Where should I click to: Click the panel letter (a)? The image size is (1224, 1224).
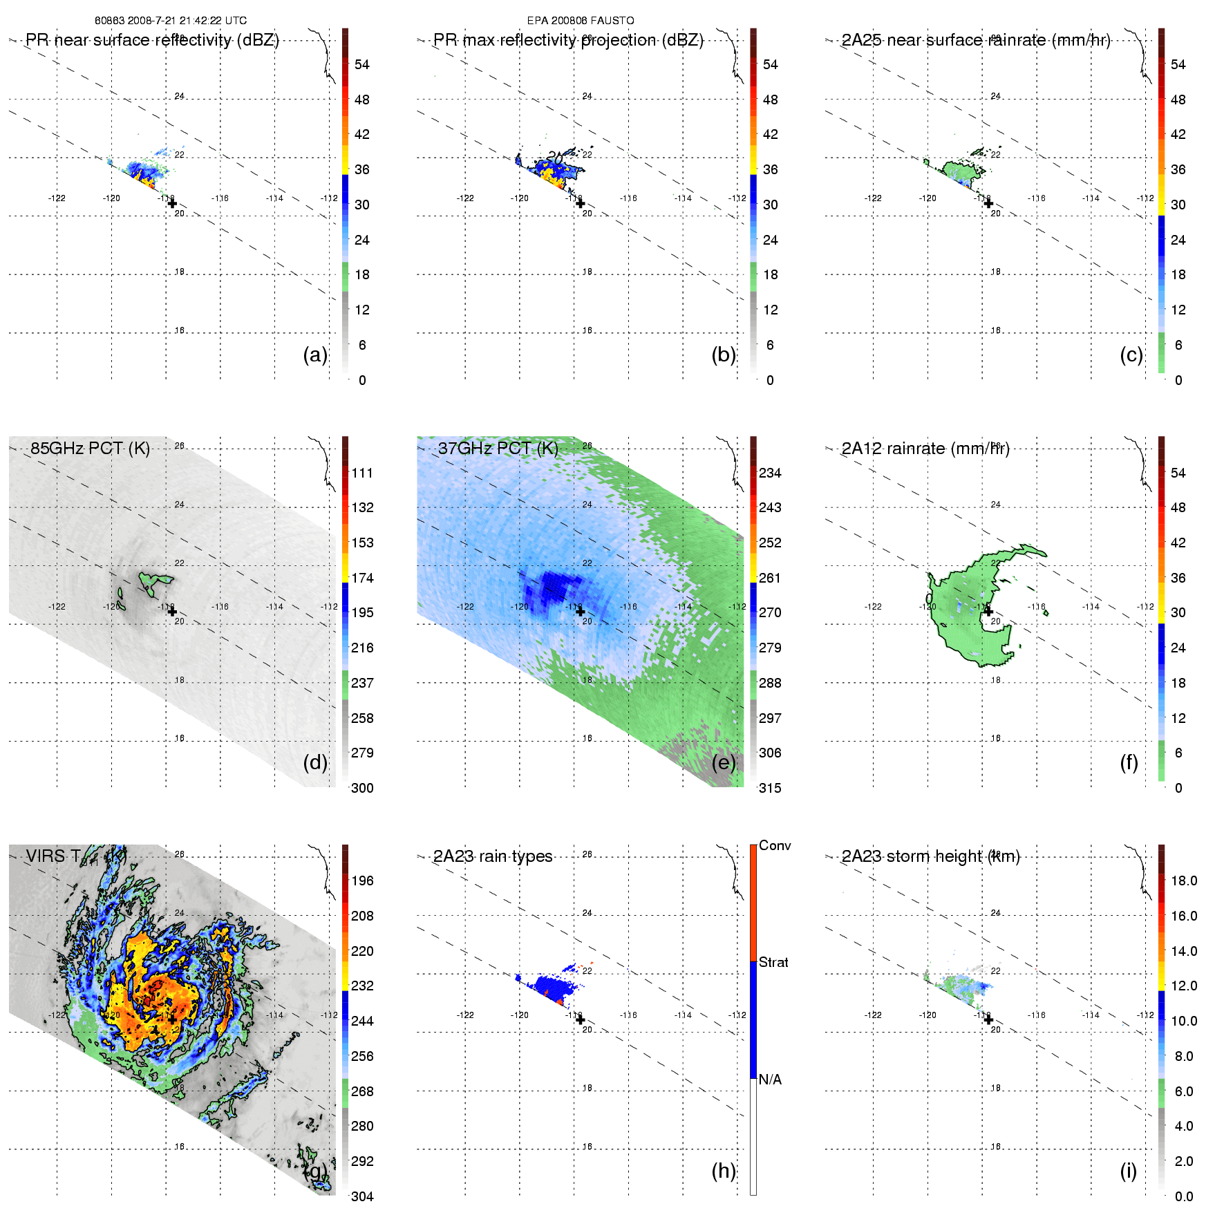(315, 355)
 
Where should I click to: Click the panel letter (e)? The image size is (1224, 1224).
(724, 762)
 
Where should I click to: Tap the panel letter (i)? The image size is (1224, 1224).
(1128, 1171)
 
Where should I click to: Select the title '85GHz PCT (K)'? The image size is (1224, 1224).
(90, 448)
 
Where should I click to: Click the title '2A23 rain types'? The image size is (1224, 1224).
(493, 856)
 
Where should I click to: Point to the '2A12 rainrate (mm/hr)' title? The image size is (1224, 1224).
(925, 449)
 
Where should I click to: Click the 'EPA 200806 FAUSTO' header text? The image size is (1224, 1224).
(581, 21)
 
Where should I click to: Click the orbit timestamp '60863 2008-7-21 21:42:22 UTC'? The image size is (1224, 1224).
(171, 21)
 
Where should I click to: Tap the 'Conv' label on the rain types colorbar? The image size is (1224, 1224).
(775, 845)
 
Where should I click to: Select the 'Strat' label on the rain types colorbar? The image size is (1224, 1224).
(773, 962)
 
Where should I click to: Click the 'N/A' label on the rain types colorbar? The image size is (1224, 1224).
(770, 1080)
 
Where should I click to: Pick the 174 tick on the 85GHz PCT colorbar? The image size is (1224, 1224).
(362, 578)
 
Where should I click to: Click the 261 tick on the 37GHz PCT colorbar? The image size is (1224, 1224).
(770, 578)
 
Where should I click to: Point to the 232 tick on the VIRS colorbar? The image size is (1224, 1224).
(362, 986)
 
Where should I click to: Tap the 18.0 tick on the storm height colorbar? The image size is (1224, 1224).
(1184, 881)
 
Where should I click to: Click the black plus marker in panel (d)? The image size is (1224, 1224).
(172, 612)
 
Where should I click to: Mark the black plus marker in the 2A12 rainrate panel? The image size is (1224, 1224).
(988, 612)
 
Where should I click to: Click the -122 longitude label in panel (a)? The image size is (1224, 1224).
(57, 198)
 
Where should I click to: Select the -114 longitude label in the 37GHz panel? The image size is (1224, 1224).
(683, 607)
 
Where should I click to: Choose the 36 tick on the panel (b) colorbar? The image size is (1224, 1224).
(770, 169)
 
